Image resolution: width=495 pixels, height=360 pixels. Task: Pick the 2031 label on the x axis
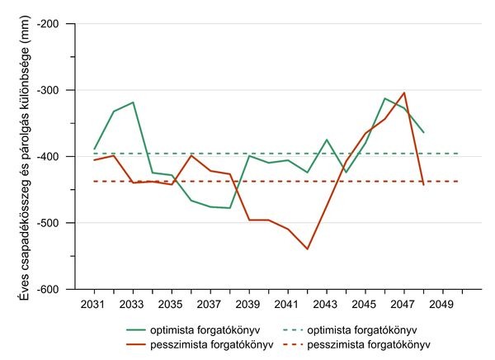click(94, 303)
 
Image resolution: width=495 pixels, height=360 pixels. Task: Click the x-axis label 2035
click(172, 303)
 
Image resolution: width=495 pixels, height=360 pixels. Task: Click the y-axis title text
click(25, 157)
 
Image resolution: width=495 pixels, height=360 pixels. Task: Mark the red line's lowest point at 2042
click(307, 249)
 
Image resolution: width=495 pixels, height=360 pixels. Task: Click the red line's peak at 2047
click(404, 92)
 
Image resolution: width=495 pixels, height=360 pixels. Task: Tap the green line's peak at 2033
click(133, 102)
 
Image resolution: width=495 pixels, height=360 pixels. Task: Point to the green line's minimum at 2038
click(229, 208)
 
